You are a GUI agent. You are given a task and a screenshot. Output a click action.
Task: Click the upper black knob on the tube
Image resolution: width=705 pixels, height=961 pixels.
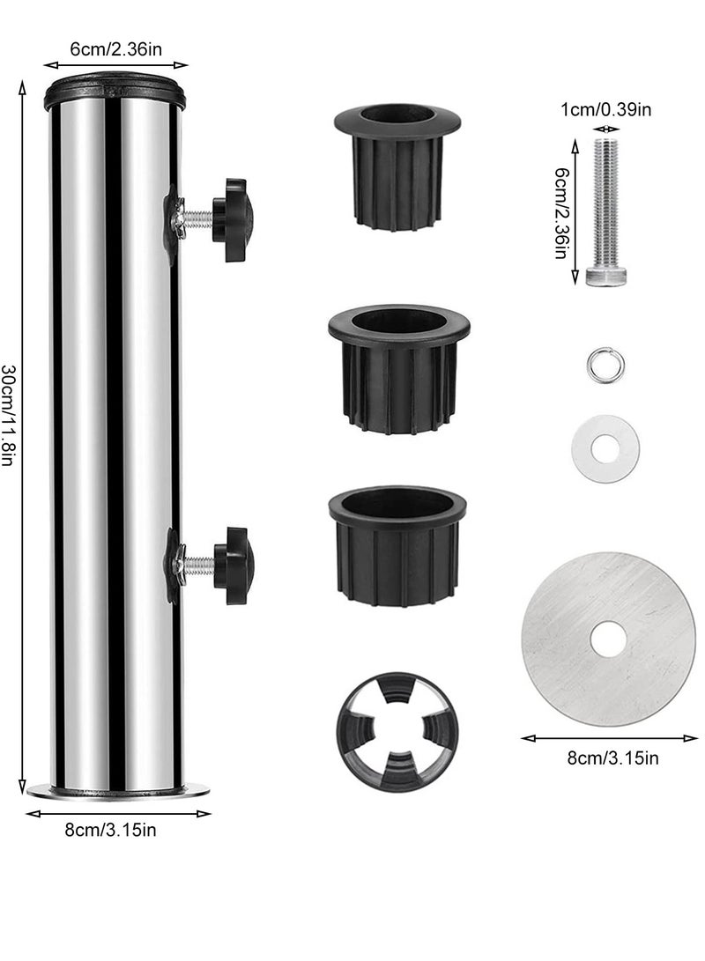233,220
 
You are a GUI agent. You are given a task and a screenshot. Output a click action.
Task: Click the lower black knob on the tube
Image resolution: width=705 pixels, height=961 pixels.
234,566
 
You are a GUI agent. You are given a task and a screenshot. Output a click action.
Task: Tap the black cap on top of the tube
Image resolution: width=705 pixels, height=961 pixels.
115,90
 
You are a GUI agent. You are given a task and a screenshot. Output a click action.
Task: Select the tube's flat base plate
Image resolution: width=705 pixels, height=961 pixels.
118,791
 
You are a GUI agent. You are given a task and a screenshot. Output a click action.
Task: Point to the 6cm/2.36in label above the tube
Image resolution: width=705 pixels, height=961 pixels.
115,49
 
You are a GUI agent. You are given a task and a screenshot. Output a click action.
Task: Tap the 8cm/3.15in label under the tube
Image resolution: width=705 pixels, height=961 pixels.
110,830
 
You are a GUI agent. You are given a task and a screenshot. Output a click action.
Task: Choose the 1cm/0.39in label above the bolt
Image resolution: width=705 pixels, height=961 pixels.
605,110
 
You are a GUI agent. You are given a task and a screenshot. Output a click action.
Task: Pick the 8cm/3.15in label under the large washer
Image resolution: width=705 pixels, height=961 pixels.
612,758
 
